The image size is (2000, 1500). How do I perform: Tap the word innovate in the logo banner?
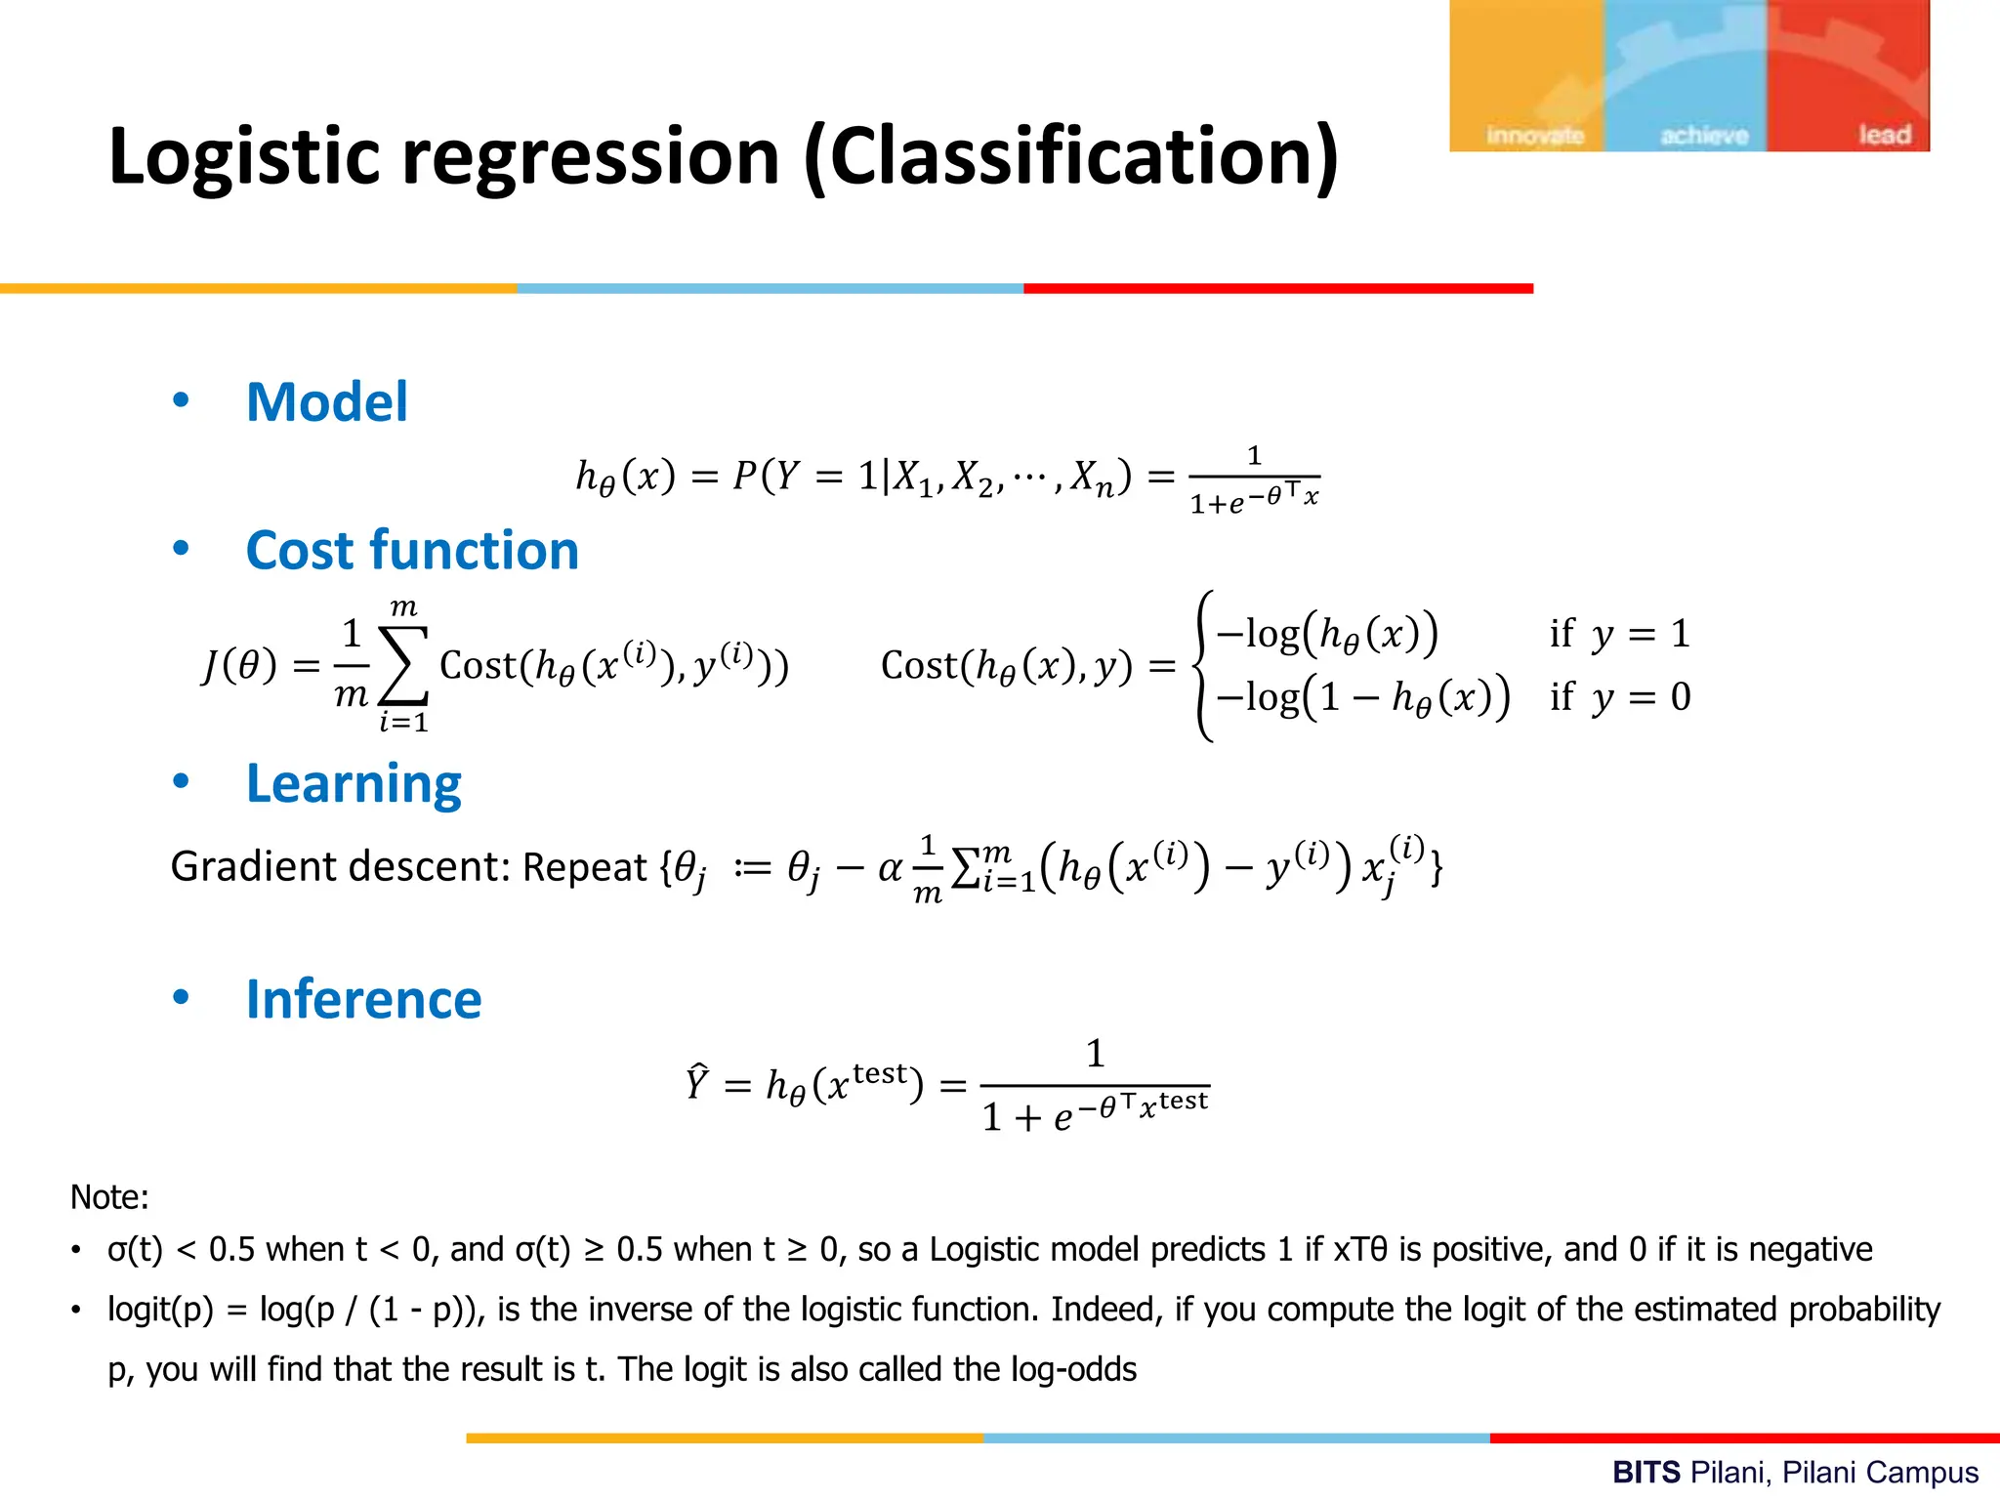coord(1534,135)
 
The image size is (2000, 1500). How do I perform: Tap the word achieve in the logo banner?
coord(1704,135)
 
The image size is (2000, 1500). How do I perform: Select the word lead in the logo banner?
coord(1884,134)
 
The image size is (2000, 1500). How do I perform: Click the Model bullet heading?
coord(326,402)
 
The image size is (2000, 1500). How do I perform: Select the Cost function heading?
coord(412,550)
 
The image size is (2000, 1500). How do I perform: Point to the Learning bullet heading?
coord(354,783)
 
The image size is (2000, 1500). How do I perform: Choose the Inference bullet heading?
coord(363,999)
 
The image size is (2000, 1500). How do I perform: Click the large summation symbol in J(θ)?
coord(404,666)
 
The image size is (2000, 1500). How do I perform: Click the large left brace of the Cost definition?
coord(1204,666)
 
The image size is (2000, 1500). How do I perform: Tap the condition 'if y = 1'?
coord(1619,634)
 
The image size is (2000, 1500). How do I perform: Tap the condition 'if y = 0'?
coord(1619,697)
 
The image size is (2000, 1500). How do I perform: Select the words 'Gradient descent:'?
coord(341,866)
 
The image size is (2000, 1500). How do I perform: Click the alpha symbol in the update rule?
coord(890,867)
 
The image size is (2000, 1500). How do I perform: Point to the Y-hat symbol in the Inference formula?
coord(696,1083)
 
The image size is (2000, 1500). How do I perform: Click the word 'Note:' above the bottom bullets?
coord(109,1196)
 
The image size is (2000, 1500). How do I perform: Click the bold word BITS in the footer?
coord(1646,1472)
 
